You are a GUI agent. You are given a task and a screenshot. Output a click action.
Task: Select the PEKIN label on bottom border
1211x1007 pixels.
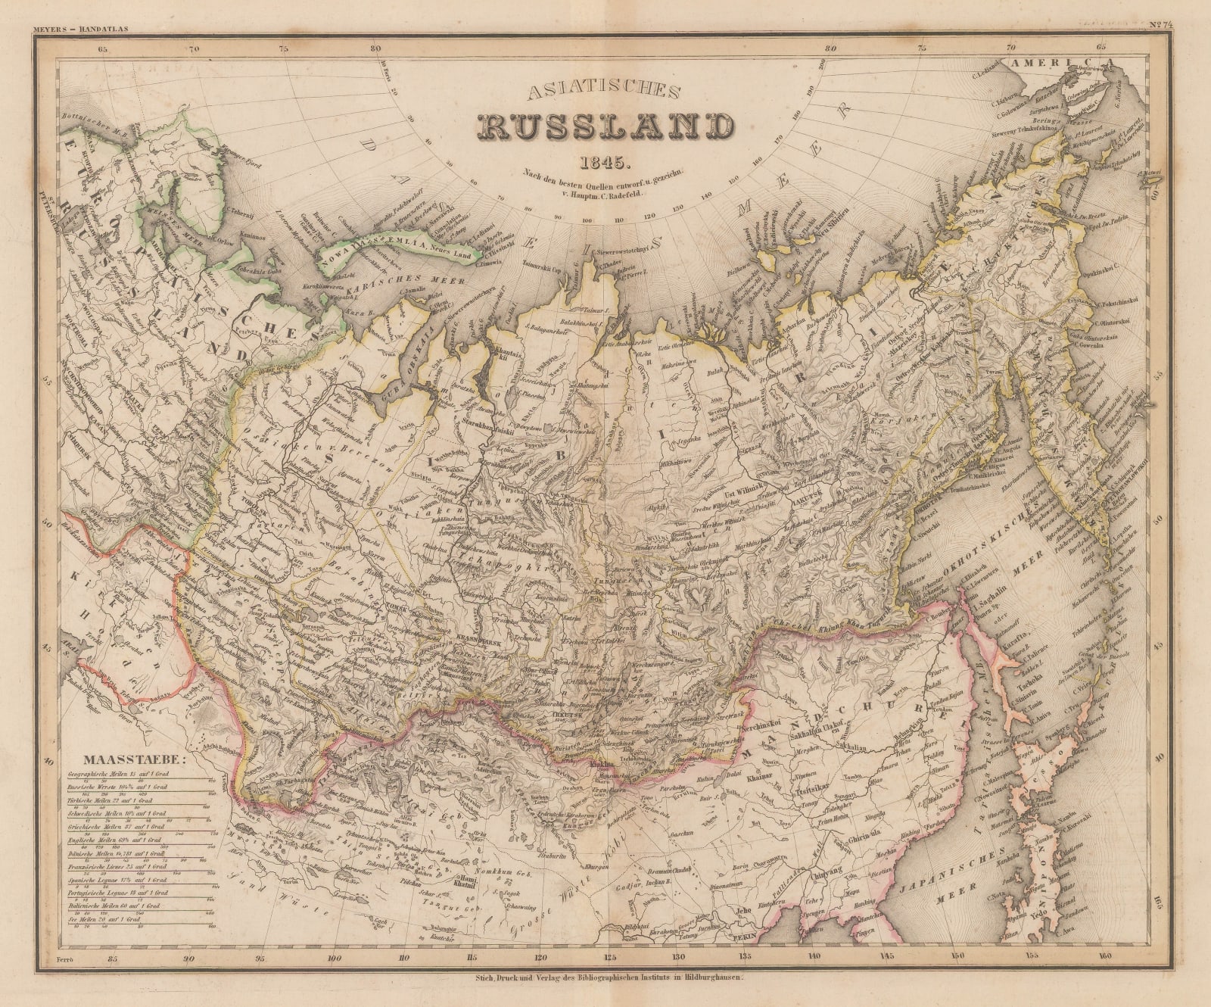pos(744,937)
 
